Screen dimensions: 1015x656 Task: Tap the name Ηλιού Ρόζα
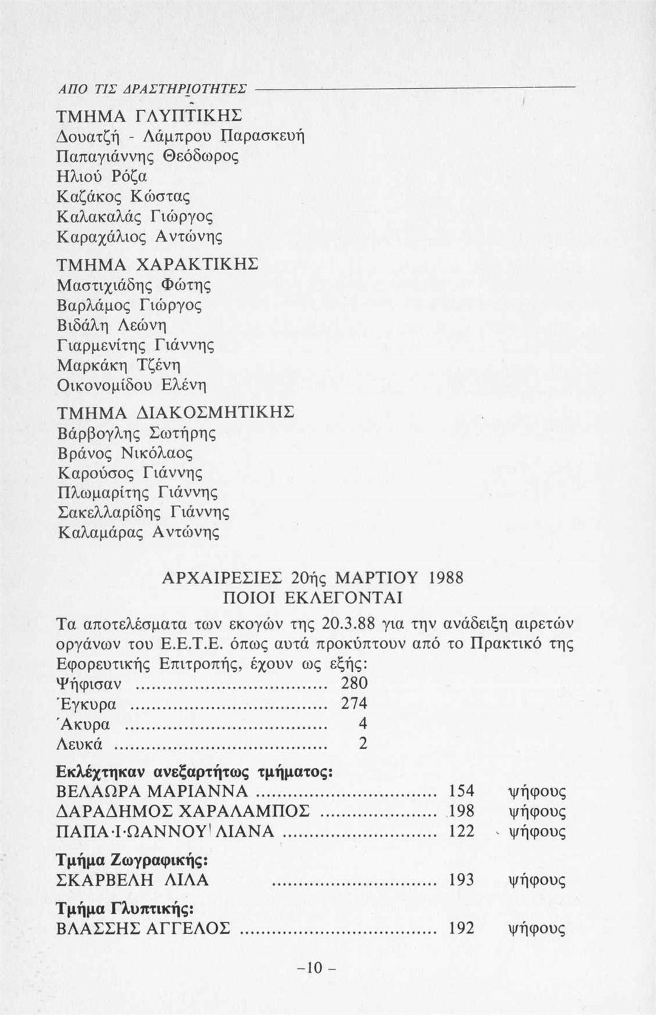click(x=101, y=176)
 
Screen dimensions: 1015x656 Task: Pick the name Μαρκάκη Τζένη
click(x=119, y=365)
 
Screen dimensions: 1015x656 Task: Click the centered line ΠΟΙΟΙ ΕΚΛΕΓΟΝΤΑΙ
click(x=313, y=598)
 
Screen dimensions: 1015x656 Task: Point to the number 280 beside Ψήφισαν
click(x=354, y=683)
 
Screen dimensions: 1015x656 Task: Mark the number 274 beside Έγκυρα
click(x=354, y=703)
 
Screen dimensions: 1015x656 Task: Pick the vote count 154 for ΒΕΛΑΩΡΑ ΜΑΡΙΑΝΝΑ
click(x=461, y=791)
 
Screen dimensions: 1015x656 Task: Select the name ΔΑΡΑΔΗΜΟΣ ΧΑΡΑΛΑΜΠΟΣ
click(x=182, y=811)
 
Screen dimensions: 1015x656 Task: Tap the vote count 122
click(x=461, y=831)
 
